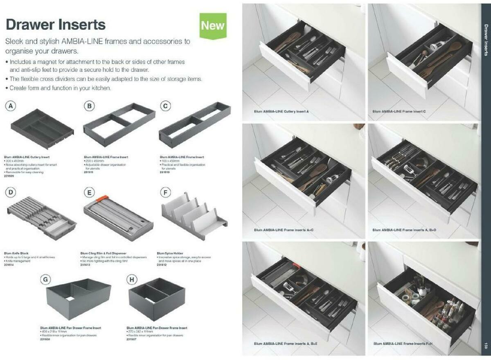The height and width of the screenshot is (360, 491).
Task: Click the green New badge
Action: click(x=213, y=25)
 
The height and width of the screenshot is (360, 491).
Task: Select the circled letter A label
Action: click(x=11, y=106)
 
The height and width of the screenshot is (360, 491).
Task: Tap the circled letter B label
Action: click(x=89, y=106)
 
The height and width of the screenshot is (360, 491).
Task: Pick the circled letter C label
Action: click(x=165, y=106)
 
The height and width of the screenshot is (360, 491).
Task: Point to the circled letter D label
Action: click(x=11, y=192)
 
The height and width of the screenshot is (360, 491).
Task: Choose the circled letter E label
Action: click(x=89, y=192)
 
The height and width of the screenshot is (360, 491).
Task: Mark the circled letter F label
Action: click(x=165, y=192)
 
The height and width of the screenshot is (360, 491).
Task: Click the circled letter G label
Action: click(x=46, y=280)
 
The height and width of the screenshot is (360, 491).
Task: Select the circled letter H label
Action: click(x=132, y=280)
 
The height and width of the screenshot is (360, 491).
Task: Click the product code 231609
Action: click(x=9, y=175)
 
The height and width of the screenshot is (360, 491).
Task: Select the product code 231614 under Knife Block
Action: click(x=9, y=264)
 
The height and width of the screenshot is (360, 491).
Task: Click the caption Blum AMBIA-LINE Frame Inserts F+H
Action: click(x=403, y=344)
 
